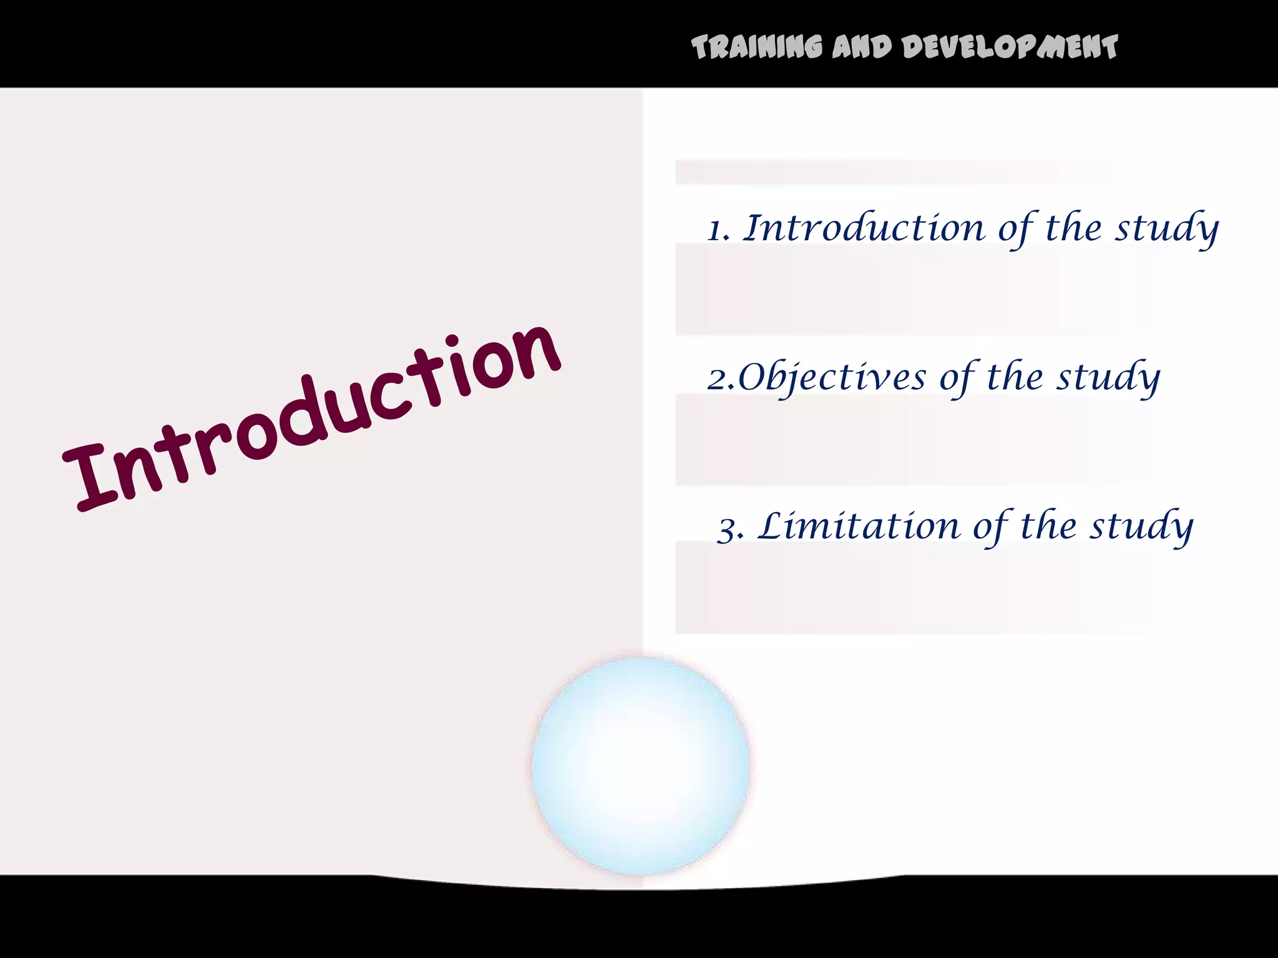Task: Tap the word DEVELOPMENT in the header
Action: pyautogui.click(x=1010, y=47)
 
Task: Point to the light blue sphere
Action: pyautogui.click(x=640, y=766)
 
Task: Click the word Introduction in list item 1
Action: pyautogui.click(x=865, y=228)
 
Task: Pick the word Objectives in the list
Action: pyautogui.click(x=832, y=378)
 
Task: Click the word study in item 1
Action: pyautogui.click(x=1166, y=229)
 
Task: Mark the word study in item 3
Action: pyautogui.click(x=1141, y=527)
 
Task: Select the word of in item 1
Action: pyautogui.click(x=1017, y=229)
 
